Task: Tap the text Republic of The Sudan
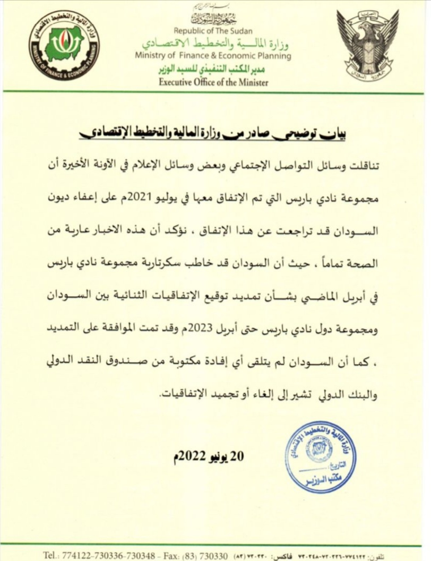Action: pos(213,31)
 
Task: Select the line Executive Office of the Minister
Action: pos(214,82)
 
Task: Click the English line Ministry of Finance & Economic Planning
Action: pos(213,56)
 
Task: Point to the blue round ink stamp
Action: pos(320,456)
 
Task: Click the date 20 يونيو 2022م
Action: pos(209,458)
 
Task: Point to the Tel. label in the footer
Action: pos(50,555)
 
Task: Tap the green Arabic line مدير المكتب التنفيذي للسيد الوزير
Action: pos(213,70)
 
